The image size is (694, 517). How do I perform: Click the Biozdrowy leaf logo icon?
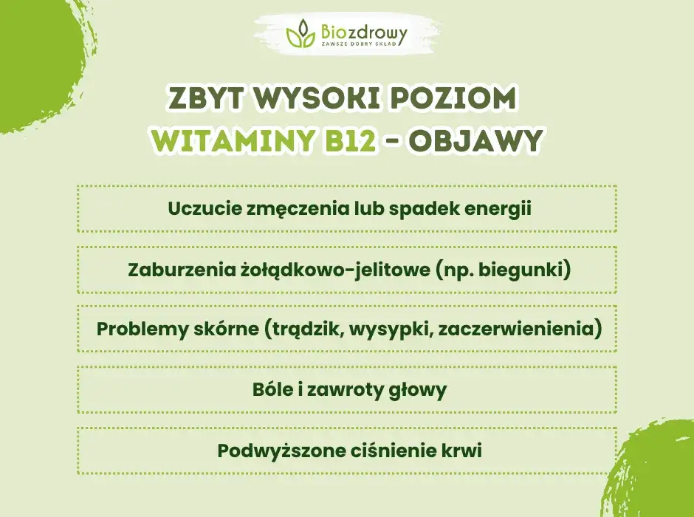300,33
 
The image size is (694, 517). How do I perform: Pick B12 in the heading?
351,140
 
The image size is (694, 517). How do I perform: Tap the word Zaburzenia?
171,270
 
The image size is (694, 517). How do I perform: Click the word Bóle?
272,389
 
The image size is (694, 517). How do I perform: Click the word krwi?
461,450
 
